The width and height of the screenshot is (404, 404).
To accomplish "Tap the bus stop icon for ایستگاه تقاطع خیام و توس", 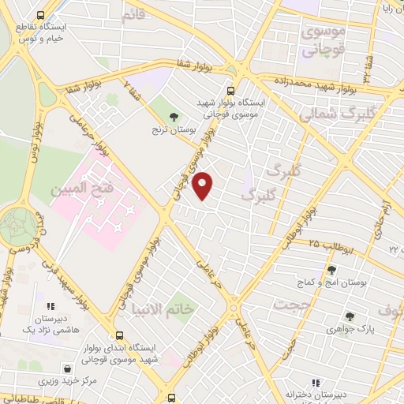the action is (x=41, y=15).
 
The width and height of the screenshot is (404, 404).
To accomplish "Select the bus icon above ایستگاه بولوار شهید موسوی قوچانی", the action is (x=230, y=91).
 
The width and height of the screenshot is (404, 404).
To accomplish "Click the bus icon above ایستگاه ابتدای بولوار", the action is (x=118, y=335).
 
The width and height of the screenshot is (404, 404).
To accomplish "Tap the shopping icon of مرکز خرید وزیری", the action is (x=69, y=368).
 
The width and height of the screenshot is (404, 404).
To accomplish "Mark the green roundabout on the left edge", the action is (x=17, y=226).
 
